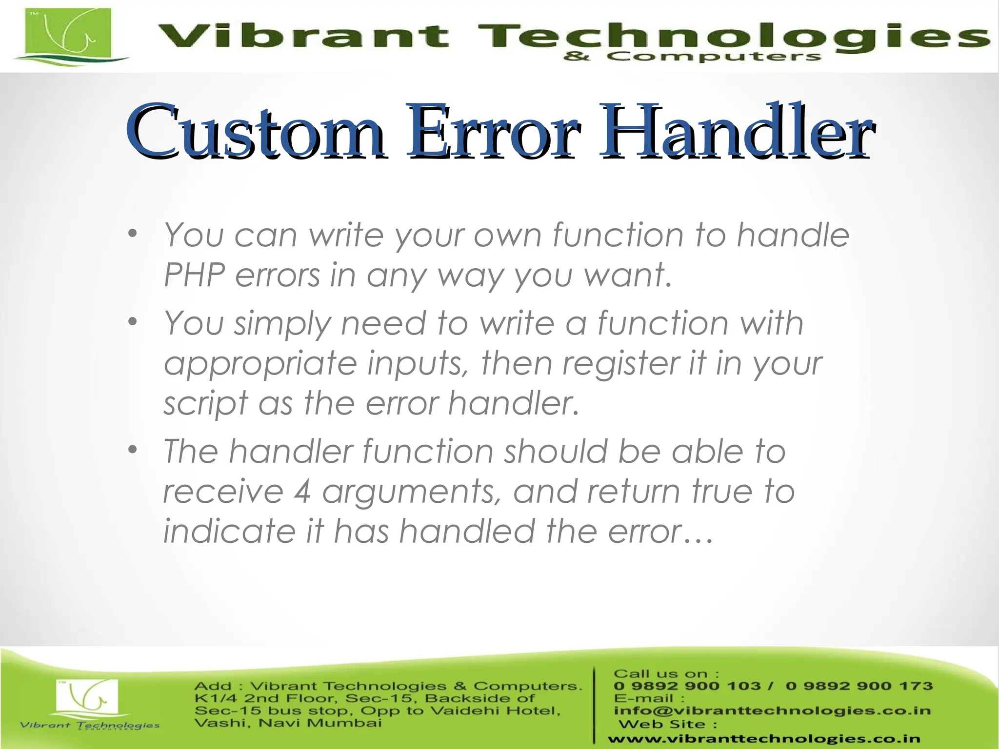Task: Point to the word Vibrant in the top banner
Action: coord(302,37)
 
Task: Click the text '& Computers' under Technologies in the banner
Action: coord(692,57)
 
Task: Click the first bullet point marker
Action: coord(132,235)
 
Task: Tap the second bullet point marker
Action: coord(132,322)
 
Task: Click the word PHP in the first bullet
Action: coord(194,275)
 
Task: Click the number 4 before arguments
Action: coord(302,491)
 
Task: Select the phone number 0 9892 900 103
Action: coord(687,686)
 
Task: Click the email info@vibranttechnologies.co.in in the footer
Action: coord(772,710)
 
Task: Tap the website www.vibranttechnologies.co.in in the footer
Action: coord(764,739)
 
